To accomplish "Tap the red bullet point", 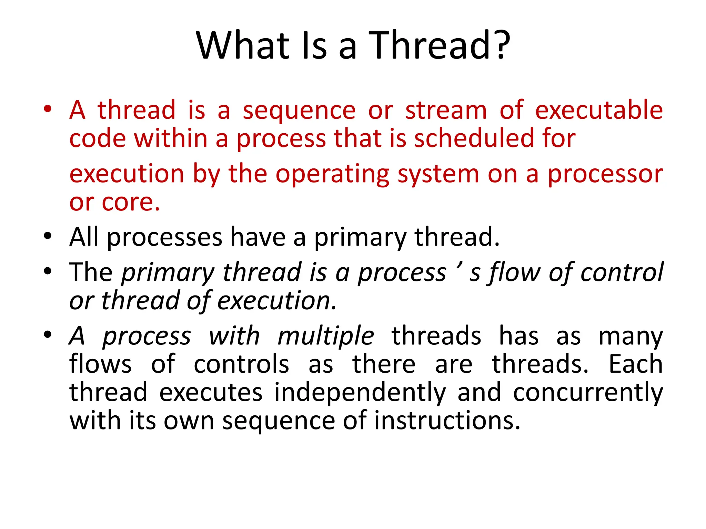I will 48,109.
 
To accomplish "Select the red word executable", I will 599,110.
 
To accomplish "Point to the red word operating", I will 332,174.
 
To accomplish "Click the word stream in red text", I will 446,110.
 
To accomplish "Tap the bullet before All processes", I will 48,236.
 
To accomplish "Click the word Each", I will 635,364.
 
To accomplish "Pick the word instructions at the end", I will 447,421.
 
